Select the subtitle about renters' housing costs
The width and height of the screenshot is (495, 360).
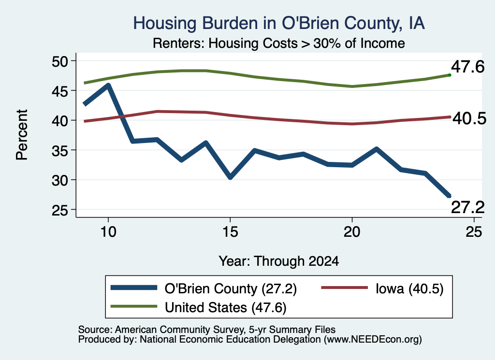tap(279, 43)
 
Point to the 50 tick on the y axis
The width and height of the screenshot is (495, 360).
tap(60, 61)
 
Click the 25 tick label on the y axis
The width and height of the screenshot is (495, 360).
tap(60, 210)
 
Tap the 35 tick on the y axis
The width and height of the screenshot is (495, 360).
tap(60, 150)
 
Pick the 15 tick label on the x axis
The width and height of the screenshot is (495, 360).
tap(230, 232)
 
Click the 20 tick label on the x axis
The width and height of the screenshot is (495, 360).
tap(352, 232)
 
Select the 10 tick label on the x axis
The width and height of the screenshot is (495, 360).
tap(108, 232)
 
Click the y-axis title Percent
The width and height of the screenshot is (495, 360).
tap(22, 135)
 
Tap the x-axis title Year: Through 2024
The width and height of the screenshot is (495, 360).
tap(279, 261)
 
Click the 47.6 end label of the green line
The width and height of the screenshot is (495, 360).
tap(467, 67)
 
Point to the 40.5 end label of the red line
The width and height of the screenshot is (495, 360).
tap(469, 119)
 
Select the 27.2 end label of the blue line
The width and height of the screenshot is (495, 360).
tap(467, 207)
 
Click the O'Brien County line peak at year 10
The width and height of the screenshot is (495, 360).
tap(108, 85)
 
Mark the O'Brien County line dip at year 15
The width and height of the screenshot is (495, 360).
tap(230, 177)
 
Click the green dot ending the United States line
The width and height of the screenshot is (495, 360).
tap(450, 75)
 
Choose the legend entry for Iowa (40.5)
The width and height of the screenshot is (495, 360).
tap(382, 288)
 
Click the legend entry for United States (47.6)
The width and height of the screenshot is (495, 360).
tap(199, 307)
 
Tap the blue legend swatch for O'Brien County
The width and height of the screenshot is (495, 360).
tap(134, 288)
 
